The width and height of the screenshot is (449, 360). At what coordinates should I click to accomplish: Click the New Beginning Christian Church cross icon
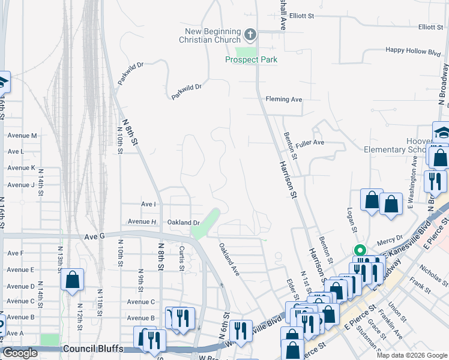pyautogui.click(x=251, y=34)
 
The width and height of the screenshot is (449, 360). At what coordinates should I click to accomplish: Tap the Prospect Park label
pyautogui.click(x=251, y=60)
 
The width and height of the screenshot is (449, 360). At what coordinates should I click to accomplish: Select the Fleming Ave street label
pyautogui.click(x=284, y=99)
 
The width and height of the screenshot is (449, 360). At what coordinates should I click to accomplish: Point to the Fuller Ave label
pyautogui.click(x=310, y=143)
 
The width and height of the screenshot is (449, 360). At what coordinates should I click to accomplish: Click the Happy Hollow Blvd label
pyautogui.click(x=414, y=50)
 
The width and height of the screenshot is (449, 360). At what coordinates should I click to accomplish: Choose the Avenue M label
pyautogui.click(x=22, y=136)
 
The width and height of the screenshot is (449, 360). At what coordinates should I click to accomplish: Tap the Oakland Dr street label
pyautogui.click(x=183, y=223)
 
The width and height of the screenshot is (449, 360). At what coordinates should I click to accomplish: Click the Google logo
pyautogui.click(x=20, y=353)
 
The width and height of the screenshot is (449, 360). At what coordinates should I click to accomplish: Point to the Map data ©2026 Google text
pyautogui.click(x=412, y=355)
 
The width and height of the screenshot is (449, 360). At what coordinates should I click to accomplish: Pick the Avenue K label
pyautogui.click(x=21, y=168)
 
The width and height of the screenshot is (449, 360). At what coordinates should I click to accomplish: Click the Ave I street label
pyautogui.click(x=148, y=205)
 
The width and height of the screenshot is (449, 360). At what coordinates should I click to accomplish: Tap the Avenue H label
pyautogui.click(x=142, y=222)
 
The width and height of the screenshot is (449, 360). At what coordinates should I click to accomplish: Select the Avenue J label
pyautogui.click(x=21, y=185)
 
